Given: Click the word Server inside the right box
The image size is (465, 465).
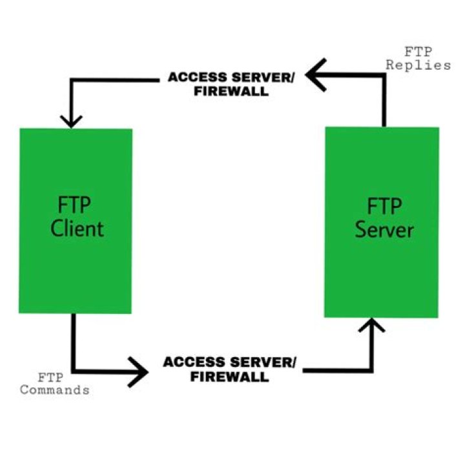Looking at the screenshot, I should tap(384, 229).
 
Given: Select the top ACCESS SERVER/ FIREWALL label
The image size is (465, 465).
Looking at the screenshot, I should tap(231, 84).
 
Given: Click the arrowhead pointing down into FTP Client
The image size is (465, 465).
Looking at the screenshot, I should tap(72, 119).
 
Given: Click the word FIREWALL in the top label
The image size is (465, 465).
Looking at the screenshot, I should tap(230, 92).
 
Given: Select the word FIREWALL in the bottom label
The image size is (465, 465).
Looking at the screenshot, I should tap(229, 377).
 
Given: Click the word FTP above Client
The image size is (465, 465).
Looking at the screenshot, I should tap(74, 207).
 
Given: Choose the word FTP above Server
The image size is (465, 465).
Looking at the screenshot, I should tap(384, 207).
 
